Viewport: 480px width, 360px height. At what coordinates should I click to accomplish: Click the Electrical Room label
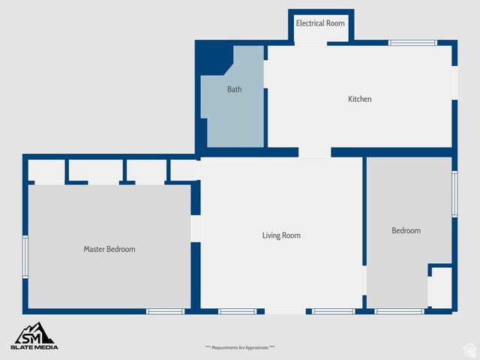320,23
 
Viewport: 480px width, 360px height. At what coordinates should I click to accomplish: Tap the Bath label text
235,89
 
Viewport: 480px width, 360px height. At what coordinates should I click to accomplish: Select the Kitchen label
360,99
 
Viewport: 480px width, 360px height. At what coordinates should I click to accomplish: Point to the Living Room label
281,235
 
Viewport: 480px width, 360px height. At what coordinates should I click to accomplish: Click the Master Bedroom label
109,249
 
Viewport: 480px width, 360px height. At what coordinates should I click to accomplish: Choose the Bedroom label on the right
406,231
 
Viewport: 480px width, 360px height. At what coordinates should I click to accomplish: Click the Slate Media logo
34,337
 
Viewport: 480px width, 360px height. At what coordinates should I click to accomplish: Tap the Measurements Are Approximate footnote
240,347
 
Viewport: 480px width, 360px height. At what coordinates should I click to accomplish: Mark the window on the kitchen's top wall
412,43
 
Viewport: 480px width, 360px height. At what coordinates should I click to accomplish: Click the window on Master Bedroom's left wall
25,257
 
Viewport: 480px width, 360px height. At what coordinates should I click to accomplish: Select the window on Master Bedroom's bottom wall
165,311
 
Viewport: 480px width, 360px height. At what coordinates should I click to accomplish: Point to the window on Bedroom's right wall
454,194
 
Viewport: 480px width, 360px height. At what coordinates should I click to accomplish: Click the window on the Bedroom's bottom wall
399,311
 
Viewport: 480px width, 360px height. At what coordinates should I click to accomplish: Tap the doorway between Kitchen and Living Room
314,152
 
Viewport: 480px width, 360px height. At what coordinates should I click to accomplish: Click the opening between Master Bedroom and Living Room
196,228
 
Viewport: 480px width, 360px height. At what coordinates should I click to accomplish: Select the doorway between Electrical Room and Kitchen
310,43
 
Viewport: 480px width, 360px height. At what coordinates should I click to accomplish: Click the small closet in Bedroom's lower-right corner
441,287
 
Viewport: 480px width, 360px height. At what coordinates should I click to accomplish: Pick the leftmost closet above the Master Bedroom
46,170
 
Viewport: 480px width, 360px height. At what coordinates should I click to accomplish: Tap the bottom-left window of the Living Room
238,311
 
